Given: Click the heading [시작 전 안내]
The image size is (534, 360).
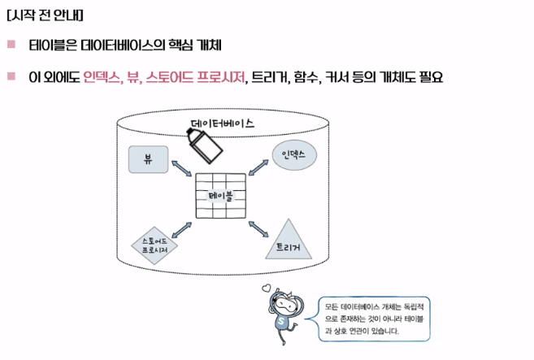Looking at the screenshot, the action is (45, 15).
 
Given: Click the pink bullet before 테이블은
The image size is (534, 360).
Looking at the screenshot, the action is (11, 44).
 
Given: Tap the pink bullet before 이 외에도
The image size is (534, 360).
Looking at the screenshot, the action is (11, 76).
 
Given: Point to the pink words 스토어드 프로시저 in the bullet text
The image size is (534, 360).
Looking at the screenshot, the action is (196, 77).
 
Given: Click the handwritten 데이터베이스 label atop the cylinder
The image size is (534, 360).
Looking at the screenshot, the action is (222, 124).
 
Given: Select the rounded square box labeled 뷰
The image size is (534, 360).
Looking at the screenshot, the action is (148, 159).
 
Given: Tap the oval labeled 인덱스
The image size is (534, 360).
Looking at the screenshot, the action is (294, 155).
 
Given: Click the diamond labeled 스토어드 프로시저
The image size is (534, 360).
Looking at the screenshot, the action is (154, 245).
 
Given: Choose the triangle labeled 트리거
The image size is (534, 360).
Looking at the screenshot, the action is (289, 240).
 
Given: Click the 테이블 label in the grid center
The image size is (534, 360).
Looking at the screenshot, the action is (220, 196).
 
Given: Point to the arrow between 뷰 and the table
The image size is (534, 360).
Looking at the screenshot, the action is (181, 168).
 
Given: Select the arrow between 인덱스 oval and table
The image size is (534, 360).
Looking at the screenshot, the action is (258, 167).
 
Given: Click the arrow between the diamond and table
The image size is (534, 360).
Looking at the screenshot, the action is (181, 230).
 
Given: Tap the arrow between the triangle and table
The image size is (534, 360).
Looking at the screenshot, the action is (258, 229).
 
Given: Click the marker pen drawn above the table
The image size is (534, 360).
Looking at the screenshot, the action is (204, 145).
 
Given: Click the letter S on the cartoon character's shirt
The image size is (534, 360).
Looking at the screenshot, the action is (281, 321).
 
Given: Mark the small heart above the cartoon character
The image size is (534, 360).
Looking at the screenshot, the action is (266, 288).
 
